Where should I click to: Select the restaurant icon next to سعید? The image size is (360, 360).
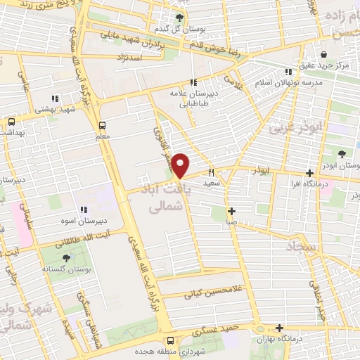(x=210, y=172)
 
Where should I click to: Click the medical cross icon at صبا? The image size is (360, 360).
(x=231, y=211)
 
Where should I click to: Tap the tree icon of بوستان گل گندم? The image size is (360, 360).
(x=182, y=18)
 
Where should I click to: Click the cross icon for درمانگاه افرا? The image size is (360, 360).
(x=310, y=174)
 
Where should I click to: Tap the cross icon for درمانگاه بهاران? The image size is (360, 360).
(x=281, y=328)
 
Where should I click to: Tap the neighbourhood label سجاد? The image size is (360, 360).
(x=303, y=246)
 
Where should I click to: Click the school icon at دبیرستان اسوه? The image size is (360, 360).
(x=84, y=210)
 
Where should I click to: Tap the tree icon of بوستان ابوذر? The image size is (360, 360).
(x=342, y=154)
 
